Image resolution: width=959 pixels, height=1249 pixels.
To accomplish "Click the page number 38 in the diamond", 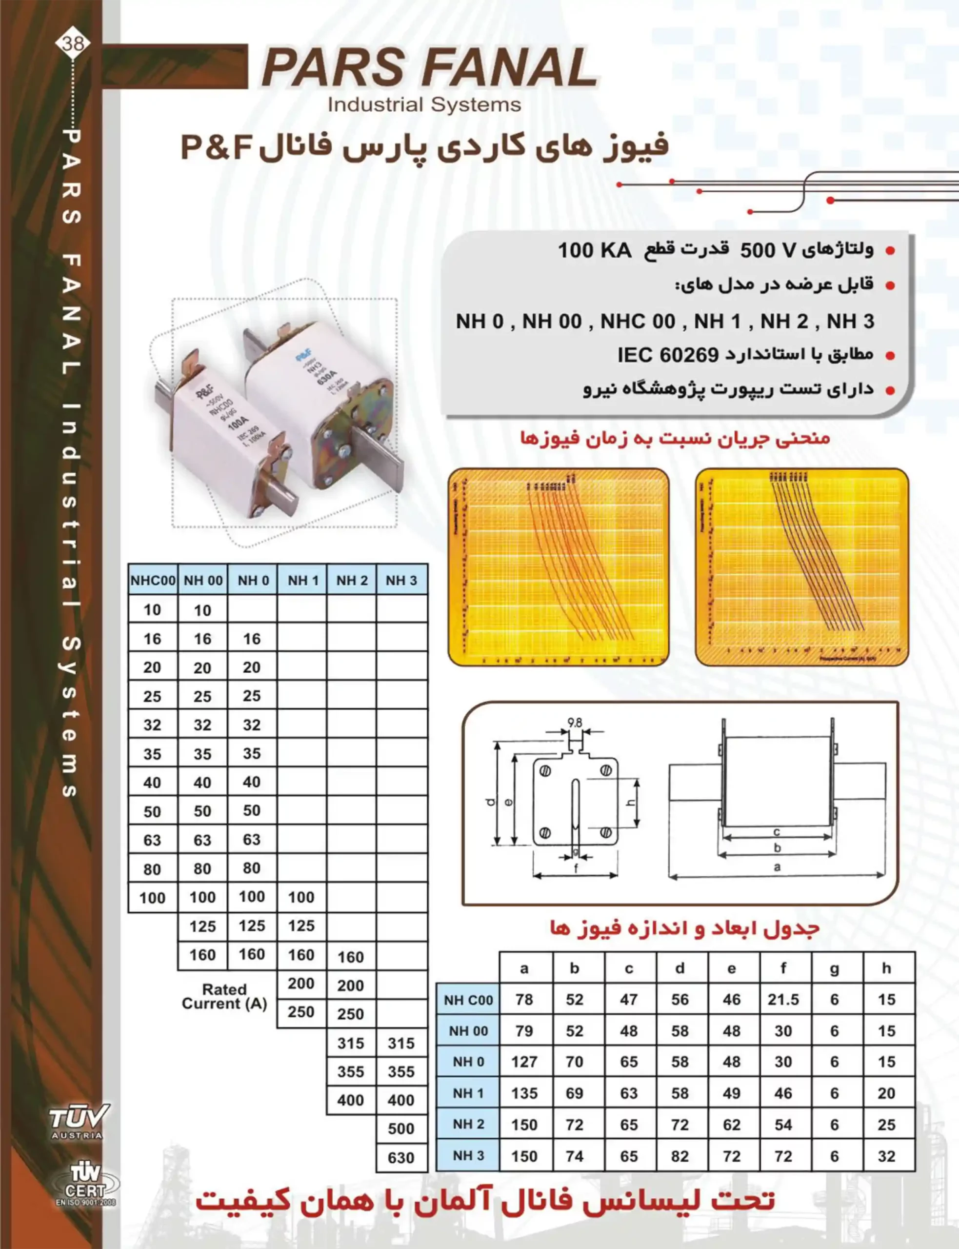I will tap(73, 43).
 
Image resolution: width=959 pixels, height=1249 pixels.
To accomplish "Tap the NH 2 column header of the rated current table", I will tap(352, 580).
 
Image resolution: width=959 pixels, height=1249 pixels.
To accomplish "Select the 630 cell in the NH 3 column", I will tap(401, 1158).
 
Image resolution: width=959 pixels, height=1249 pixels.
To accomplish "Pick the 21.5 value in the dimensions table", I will tap(783, 999).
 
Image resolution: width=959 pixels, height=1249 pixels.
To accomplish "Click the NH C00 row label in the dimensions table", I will tap(468, 1000).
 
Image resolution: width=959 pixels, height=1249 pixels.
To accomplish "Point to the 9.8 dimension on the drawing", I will tap(574, 723).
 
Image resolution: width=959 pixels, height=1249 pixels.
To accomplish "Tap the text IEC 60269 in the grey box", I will tap(667, 355).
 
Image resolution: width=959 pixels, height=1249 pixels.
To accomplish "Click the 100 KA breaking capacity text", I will tap(594, 250).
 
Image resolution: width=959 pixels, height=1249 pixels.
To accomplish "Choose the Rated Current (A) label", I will tap(224, 996).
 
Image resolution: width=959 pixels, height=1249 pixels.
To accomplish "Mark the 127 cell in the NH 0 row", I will tap(524, 1062).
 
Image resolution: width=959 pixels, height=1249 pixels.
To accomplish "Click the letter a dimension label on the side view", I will tap(777, 867).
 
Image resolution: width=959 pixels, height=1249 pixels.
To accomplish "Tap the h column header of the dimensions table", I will tap(886, 968).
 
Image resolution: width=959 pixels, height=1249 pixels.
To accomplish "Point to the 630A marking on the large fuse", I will tap(328, 381).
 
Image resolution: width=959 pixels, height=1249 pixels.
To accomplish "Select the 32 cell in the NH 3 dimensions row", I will tap(886, 1156).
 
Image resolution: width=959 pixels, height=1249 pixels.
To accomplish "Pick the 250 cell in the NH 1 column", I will tap(301, 1012).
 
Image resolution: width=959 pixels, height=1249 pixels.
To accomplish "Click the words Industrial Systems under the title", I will tap(424, 104).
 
